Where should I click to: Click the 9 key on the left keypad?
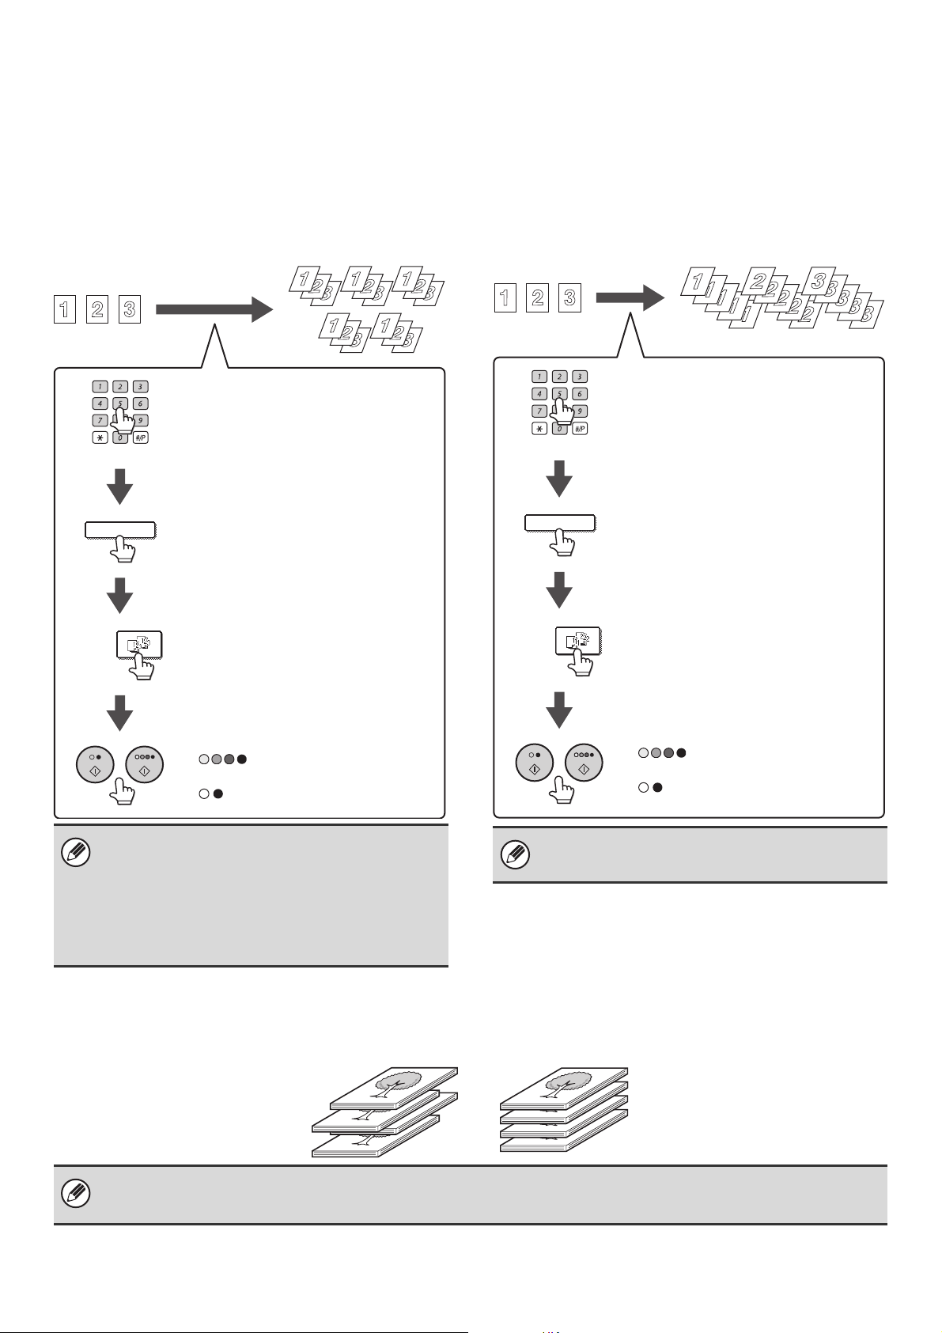coord(139,421)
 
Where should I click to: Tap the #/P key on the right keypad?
coord(580,428)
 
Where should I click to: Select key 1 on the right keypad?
coord(539,377)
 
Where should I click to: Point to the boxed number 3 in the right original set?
coord(569,297)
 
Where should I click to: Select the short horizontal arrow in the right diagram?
coord(630,298)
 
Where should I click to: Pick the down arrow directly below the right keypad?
coord(559,478)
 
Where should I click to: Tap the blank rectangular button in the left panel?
coord(120,530)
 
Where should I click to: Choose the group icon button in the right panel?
coord(578,639)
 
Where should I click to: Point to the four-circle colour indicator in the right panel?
coord(662,752)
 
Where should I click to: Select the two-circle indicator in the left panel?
coord(211,793)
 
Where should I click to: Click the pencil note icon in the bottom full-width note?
coord(76,1194)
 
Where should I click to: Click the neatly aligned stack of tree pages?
coord(564,1108)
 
